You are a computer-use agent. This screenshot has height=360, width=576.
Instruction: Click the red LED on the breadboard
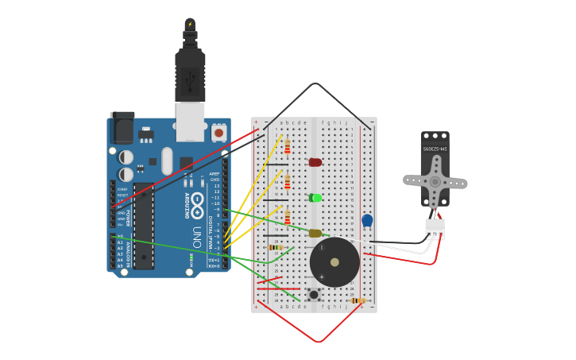click(x=315, y=162)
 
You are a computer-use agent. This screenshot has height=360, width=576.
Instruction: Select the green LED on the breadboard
click(x=315, y=198)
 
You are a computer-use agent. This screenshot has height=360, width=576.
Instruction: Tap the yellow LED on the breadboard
click(x=315, y=233)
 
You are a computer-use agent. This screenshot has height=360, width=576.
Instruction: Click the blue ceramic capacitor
click(x=367, y=220)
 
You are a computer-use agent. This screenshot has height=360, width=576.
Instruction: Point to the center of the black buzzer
click(x=334, y=262)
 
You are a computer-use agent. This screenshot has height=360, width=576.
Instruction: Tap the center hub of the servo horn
click(x=435, y=181)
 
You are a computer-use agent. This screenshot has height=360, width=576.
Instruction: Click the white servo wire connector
click(x=435, y=228)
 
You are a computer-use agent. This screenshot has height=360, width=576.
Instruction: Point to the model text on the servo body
click(x=435, y=149)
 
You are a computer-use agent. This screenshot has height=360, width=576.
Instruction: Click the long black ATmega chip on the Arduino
click(x=144, y=226)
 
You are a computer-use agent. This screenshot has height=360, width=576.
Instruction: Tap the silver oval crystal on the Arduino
click(x=167, y=161)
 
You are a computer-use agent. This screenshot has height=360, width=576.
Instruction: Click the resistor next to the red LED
click(x=288, y=147)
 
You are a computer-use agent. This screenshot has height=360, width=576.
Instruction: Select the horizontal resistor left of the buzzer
click(x=276, y=247)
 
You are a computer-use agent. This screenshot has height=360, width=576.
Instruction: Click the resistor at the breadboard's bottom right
click(x=358, y=300)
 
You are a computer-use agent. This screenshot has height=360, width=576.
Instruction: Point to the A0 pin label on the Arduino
click(x=120, y=237)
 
